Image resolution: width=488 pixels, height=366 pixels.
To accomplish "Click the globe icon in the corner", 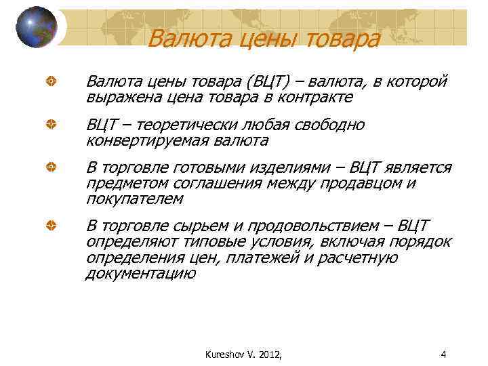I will click(37, 26).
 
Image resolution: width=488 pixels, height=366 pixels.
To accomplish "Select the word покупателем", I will click(134, 199).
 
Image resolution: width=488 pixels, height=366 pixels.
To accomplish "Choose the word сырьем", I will click(211, 226).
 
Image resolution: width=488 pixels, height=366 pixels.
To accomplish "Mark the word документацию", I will click(140, 274).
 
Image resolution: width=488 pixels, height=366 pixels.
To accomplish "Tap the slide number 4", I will click(443, 353).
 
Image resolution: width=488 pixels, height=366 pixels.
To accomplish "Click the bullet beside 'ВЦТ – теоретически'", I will click(50, 125).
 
